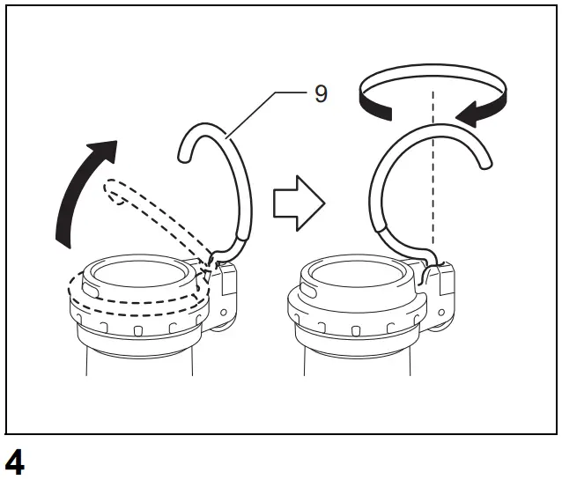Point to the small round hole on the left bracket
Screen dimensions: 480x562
pos(226,312)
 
